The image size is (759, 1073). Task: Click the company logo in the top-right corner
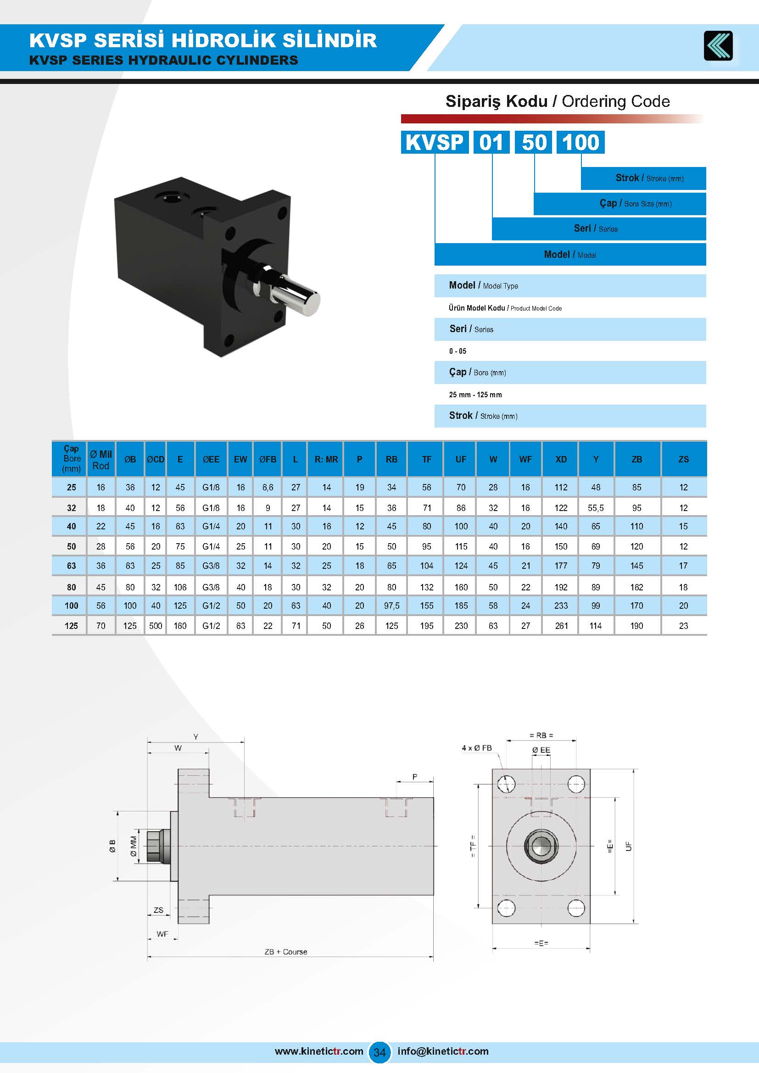(x=718, y=45)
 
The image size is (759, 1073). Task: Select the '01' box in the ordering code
(x=491, y=142)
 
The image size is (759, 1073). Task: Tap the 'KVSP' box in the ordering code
(x=435, y=142)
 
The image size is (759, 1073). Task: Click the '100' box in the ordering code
(x=580, y=142)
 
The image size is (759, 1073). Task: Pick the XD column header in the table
(x=561, y=459)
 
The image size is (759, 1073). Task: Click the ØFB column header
(x=268, y=459)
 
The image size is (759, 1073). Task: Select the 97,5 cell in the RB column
(x=391, y=606)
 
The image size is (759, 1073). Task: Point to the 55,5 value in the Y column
(x=596, y=508)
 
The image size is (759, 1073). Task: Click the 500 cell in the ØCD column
(x=156, y=626)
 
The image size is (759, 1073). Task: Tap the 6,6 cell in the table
(x=268, y=488)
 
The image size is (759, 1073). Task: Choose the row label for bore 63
(x=71, y=566)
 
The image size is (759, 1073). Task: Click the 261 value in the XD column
(x=561, y=626)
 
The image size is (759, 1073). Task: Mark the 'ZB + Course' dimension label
(x=285, y=952)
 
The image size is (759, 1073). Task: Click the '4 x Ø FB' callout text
(x=477, y=748)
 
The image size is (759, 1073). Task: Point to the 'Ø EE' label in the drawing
(x=541, y=750)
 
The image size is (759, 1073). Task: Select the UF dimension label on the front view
(x=629, y=846)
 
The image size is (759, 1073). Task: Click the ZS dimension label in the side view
(x=158, y=910)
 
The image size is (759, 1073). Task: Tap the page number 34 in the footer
(x=379, y=1052)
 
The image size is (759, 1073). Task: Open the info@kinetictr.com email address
(x=442, y=1051)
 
